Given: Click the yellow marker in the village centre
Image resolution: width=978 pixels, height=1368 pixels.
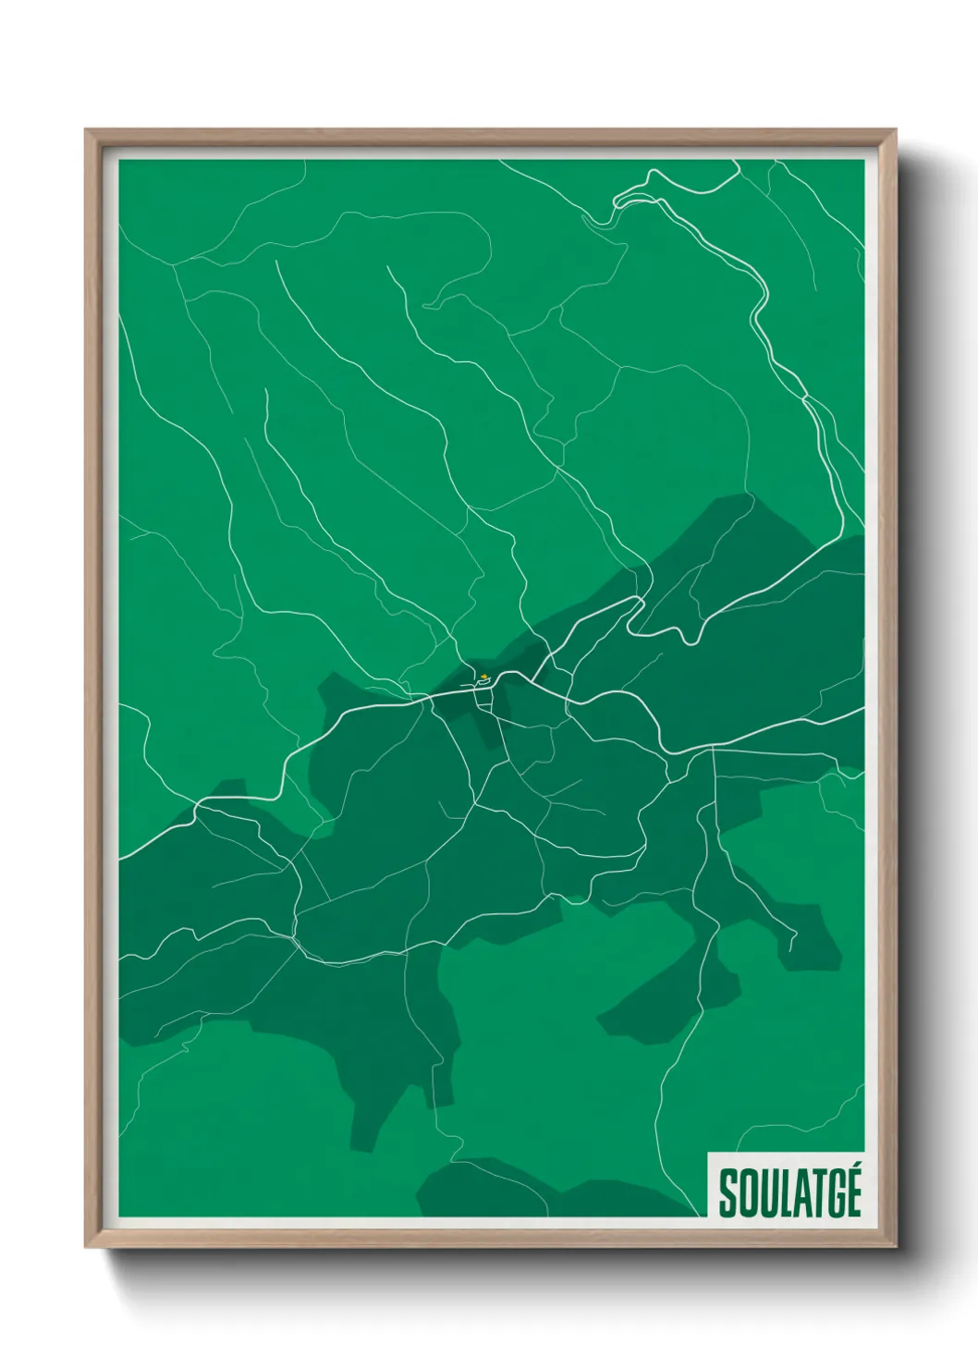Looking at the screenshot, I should point(483,677).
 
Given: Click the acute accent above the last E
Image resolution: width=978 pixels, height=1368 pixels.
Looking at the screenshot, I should point(855,1170).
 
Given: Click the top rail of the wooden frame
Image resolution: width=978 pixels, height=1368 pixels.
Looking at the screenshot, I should point(490,137).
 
